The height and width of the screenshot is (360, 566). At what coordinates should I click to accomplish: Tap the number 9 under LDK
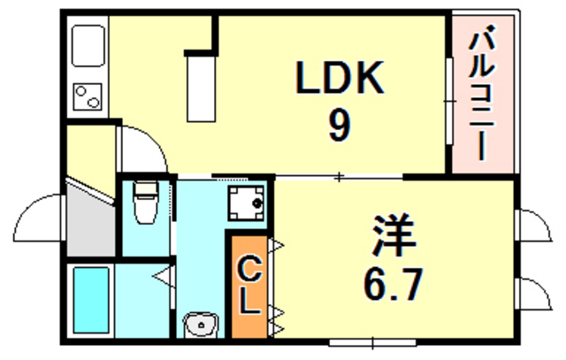click(339, 126)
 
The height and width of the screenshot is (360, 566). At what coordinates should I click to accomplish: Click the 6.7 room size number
click(393, 284)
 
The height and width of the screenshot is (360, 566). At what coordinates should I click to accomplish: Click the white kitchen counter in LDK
click(201, 87)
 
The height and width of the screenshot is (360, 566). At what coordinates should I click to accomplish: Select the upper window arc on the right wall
click(532, 226)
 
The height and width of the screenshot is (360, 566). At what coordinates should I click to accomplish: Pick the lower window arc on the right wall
click(532, 292)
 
